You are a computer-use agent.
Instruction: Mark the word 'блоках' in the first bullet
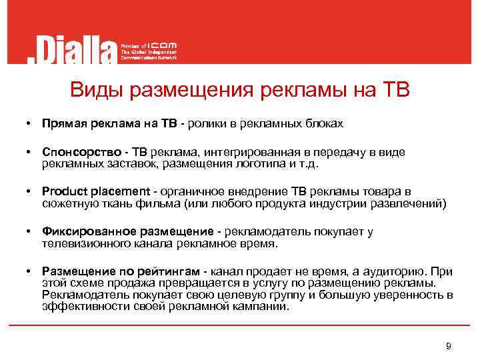(x=325, y=123)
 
